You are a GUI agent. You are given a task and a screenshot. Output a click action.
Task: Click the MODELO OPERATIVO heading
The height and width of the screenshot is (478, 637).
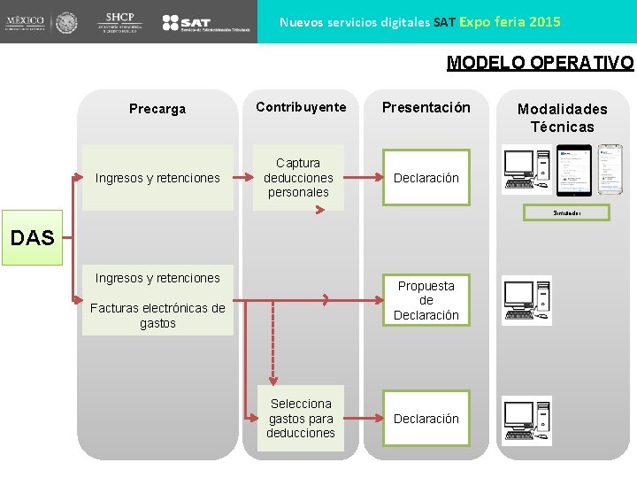[x=540, y=63]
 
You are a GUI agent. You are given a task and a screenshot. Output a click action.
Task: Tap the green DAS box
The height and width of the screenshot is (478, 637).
[x=32, y=237]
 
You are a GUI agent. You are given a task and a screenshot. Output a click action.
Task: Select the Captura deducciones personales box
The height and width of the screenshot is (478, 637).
[x=298, y=178]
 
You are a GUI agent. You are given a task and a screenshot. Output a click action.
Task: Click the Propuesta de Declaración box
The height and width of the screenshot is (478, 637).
[x=426, y=301]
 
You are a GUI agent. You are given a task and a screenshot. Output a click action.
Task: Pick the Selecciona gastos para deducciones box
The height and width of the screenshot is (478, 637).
[x=301, y=419]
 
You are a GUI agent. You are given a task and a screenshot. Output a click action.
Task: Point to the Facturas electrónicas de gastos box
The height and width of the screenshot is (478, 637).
[x=157, y=316]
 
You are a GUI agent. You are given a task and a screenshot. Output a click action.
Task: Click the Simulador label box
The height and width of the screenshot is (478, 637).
[x=566, y=213]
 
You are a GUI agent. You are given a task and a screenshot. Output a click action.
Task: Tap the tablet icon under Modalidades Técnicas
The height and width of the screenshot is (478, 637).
[x=572, y=170]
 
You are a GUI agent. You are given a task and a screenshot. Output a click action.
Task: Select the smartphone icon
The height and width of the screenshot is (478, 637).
[x=610, y=169]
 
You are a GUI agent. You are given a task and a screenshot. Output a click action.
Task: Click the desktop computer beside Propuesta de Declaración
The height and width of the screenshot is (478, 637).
[x=526, y=300]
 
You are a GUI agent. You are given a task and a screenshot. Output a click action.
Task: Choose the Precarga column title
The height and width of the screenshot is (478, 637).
[x=157, y=109]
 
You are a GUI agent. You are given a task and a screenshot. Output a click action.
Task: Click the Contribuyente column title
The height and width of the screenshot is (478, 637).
[x=301, y=107]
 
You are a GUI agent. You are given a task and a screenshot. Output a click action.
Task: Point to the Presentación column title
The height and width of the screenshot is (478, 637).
[x=426, y=107]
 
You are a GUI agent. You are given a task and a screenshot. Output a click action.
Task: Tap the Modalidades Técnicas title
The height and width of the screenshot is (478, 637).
[x=563, y=118]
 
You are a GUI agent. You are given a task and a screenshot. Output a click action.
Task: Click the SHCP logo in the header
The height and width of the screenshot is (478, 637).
[x=119, y=21]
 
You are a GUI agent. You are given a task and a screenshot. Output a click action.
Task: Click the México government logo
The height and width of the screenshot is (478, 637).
[x=40, y=22]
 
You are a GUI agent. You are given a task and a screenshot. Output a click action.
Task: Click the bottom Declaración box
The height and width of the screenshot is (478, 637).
[x=426, y=419]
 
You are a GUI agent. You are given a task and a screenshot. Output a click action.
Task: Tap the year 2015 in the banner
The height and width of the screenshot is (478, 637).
[x=544, y=21]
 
